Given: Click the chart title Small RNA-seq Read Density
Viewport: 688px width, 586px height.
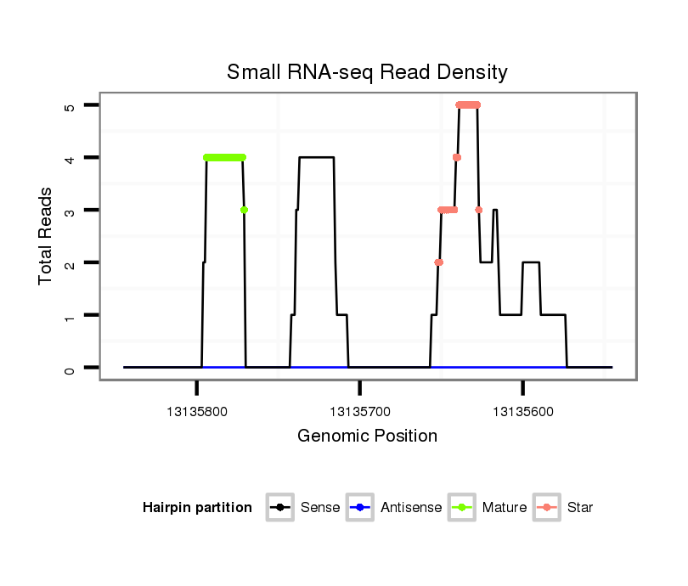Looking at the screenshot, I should point(367,72).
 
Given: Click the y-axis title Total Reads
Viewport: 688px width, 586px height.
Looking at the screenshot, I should point(47,236).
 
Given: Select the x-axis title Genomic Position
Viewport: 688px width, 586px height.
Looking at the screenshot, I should point(367,437).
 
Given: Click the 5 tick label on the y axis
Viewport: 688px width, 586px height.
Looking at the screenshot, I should point(70,105).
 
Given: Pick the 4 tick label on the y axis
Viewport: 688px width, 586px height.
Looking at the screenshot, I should point(70,158).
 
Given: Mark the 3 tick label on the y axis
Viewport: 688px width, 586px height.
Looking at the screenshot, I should point(70,211).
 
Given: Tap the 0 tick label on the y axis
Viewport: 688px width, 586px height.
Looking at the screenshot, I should point(70,368).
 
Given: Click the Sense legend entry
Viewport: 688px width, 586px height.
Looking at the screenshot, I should point(319,508).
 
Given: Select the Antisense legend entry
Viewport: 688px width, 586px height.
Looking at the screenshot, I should point(411,508).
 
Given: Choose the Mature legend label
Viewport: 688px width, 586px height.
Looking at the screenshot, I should point(504,508).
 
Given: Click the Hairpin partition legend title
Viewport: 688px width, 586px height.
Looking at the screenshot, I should point(197,508).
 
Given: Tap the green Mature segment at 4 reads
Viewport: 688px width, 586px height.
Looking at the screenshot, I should point(224,157).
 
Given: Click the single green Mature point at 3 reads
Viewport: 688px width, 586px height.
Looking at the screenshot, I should point(244,210).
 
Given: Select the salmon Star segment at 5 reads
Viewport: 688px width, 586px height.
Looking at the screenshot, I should point(468,105).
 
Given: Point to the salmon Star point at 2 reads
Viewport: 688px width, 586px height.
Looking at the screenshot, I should point(438,262).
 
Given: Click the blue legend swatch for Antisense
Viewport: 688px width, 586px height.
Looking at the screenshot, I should point(360,508).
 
